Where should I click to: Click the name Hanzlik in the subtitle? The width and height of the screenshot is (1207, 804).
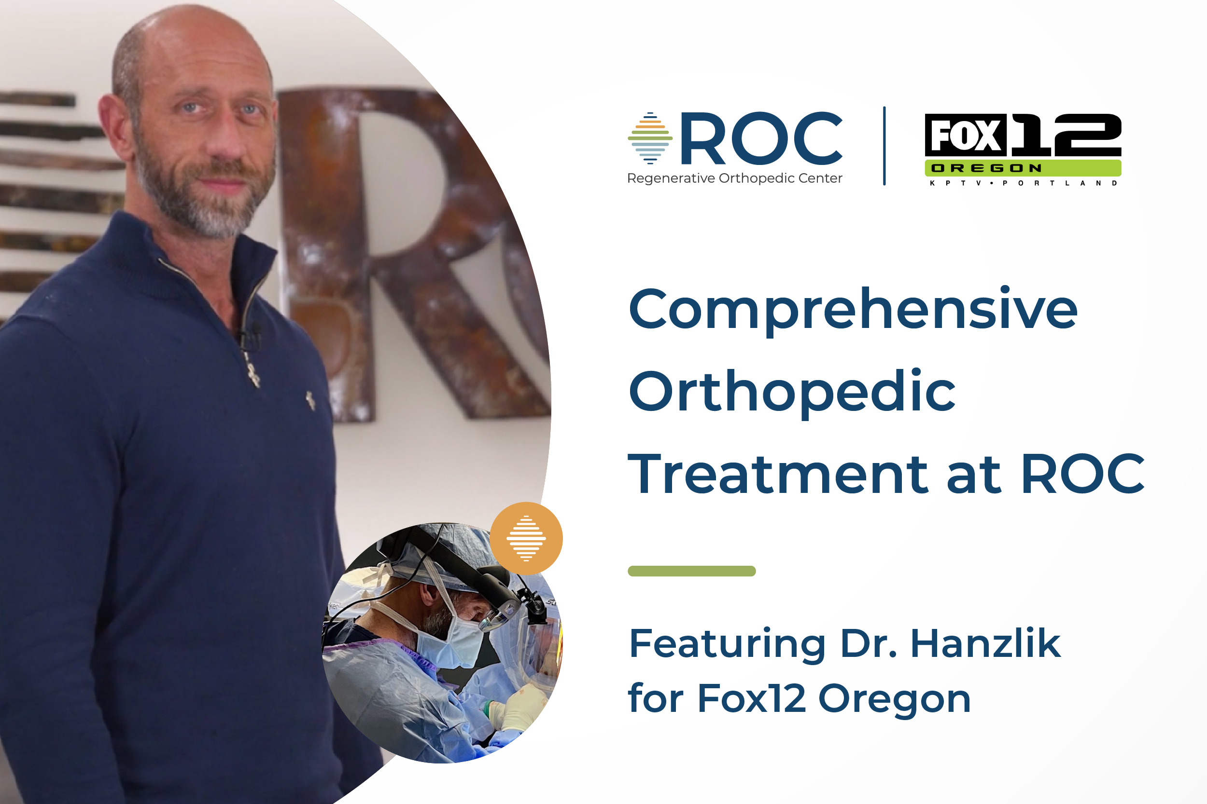tap(985, 643)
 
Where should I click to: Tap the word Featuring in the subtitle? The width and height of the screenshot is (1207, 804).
tap(727, 644)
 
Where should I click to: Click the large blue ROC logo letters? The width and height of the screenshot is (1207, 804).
tap(761, 138)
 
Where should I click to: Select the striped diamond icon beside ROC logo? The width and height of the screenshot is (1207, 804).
tap(650, 138)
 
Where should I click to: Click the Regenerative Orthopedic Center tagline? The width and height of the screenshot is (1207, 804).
tap(734, 178)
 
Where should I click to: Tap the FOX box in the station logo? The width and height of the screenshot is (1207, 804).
tap(965, 136)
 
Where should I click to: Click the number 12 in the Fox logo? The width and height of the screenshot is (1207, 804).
tap(1066, 136)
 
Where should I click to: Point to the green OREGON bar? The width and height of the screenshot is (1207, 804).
tap(1022, 168)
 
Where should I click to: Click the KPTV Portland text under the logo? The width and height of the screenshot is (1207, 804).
tap(1023, 183)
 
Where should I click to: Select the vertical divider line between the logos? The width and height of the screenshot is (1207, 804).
tap(884, 146)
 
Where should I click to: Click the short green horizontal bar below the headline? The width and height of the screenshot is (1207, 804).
tap(691, 571)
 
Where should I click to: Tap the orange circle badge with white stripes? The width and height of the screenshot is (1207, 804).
tap(526, 538)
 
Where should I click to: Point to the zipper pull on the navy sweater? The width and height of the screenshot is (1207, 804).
tap(252, 374)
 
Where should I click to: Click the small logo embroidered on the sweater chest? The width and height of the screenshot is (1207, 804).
tap(310, 400)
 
